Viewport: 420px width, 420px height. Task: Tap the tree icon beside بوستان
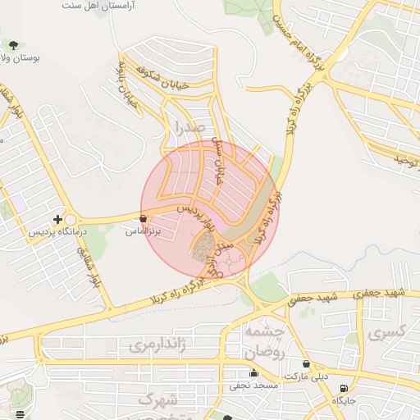pos(12,44)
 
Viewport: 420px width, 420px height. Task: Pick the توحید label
pos(401,156)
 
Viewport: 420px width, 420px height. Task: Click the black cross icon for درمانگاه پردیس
pos(57,219)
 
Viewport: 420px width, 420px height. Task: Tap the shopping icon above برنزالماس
pos(144,219)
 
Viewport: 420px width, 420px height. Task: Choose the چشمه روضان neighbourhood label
pos(263,340)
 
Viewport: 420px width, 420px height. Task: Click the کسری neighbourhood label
pos(388,335)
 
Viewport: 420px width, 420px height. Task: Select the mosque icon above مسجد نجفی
pos(253,373)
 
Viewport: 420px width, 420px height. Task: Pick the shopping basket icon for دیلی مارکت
pos(306,363)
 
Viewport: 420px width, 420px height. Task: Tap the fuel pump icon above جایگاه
pos(342,388)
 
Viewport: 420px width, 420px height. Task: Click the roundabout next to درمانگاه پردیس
pos(71,220)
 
